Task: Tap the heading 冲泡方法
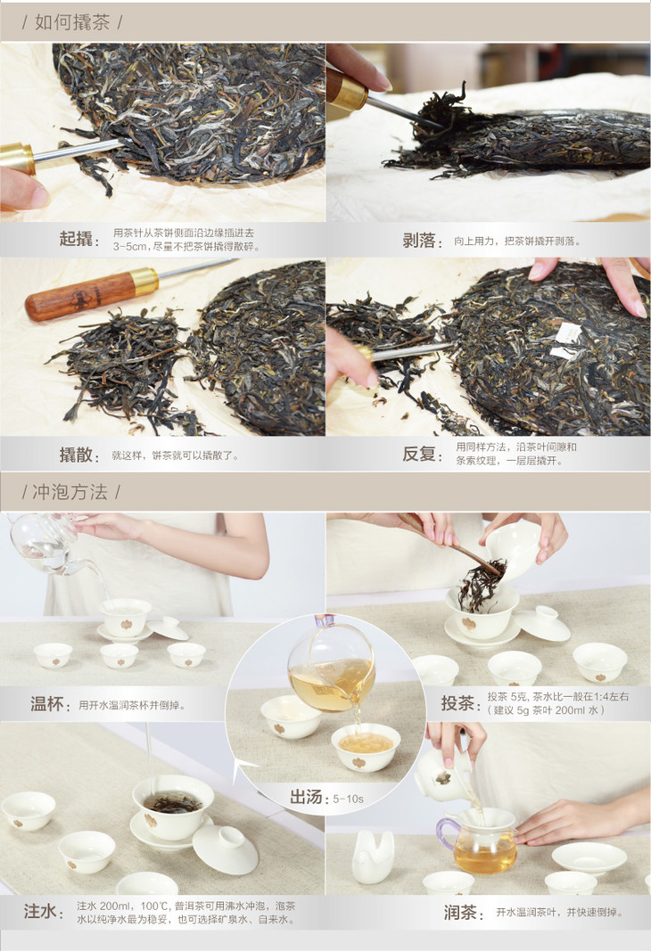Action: click(x=70, y=491)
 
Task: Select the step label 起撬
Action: click(x=76, y=239)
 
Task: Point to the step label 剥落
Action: click(x=419, y=241)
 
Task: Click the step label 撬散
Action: click(x=76, y=455)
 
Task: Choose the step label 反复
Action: click(x=419, y=454)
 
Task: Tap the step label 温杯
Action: click(x=46, y=704)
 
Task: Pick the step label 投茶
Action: click(x=457, y=703)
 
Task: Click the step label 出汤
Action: click(x=306, y=797)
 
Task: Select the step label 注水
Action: click(x=40, y=911)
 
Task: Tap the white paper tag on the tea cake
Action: click(x=565, y=340)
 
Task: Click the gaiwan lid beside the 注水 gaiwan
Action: click(x=225, y=849)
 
